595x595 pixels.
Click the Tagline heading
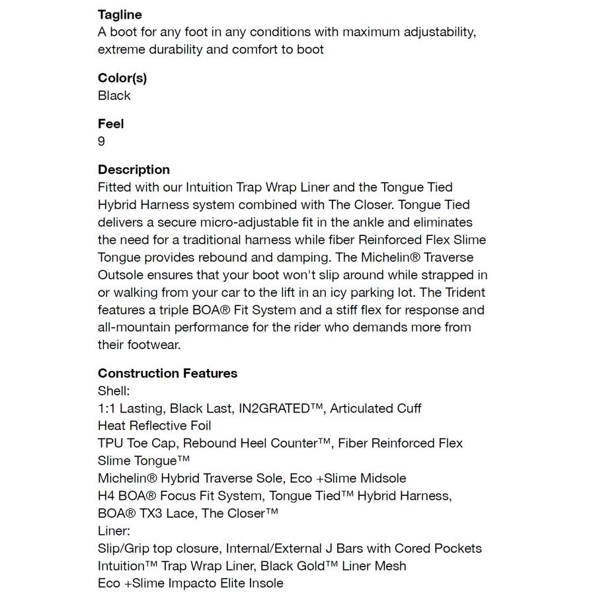[x=120, y=15]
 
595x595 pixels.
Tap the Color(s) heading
[x=122, y=78]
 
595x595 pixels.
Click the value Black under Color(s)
[x=114, y=95]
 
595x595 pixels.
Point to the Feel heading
[x=111, y=124]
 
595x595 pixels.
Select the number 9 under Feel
[x=101, y=141]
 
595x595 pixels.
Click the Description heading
[x=134, y=169]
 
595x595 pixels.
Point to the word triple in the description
[x=173, y=310]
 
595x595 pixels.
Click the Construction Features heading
[x=167, y=374]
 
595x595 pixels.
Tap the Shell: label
[x=114, y=391]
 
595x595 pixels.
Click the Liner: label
[x=114, y=531]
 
